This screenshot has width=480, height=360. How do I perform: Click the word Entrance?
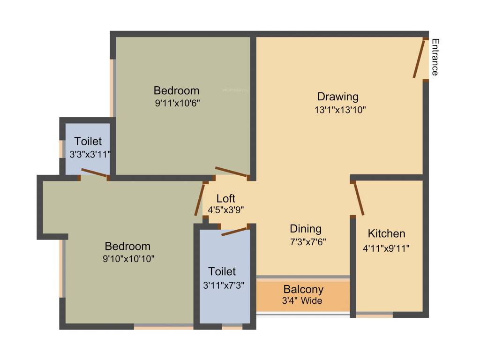tap(435, 57)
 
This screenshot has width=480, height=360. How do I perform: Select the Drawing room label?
tap(338, 97)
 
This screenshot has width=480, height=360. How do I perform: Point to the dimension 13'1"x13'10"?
tap(340, 110)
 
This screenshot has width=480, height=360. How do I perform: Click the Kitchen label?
tap(386, 233)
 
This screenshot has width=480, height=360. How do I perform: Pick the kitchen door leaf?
tap(359, 199)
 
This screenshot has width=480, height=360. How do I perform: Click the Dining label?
tap(306, 229)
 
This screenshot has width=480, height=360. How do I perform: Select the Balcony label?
tap(303, 289)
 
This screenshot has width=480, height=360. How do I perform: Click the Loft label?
tap(225, 198)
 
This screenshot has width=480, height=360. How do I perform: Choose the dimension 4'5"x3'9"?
tap(225, 210)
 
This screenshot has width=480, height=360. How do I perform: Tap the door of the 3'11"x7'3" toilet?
tap(234, 231)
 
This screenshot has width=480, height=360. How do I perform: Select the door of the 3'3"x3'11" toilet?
tap(94, 173)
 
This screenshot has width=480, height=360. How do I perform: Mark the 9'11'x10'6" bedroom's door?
tap(231, 172)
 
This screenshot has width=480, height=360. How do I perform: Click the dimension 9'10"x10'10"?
tap(127, 258)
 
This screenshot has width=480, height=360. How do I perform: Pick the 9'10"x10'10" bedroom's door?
tap(200, 199)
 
